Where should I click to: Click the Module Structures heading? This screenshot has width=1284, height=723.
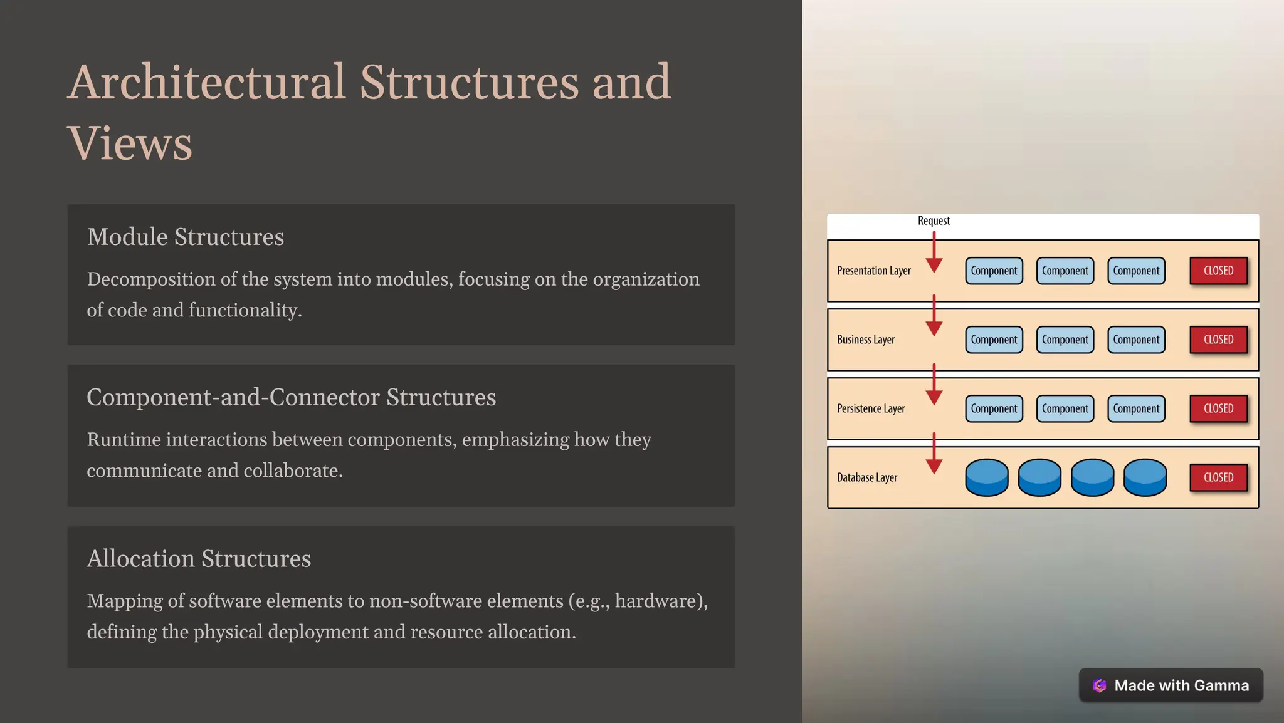(x=185, y=237)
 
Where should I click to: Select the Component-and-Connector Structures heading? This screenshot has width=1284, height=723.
(x=291, y=397)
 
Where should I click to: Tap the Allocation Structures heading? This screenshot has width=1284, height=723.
(x=199, y=558)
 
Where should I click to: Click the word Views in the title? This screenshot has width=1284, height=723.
(x=130, y=143)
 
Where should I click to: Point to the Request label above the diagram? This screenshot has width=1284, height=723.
(x=934, y=221)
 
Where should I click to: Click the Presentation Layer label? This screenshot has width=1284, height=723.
(x=873, y=271)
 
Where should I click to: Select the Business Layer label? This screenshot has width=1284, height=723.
(x=865, y=340)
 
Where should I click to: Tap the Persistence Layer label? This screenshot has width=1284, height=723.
(x=871, y=408)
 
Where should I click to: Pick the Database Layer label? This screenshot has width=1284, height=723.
(x=866, y=477)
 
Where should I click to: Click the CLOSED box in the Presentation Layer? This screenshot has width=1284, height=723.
(x=1218, y=271)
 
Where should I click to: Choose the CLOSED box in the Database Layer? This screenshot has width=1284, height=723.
(x=1218, y=477)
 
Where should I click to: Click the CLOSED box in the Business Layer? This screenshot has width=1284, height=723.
(x=1218, y=340)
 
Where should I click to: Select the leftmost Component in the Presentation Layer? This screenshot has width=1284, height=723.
(x=994, y=271)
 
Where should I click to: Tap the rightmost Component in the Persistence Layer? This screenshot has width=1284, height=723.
(x=1136, y=408)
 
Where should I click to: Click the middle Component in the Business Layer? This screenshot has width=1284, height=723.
(x=1065, y=340)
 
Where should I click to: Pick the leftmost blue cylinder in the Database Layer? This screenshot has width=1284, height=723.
(x=986, y=477)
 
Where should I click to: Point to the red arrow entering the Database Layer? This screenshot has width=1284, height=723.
(x=934, y=454)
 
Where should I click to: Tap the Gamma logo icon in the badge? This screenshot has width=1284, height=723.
(x=1099, y=685)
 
